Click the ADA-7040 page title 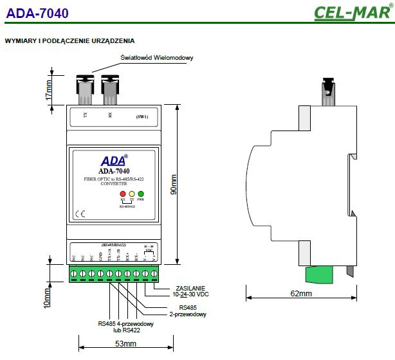click(x=37, y=13)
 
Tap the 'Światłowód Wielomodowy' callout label click(x=157, y=57)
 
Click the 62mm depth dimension click(x=300, y=294)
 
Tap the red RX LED click(x=122, y=194)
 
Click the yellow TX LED click(x=131, y=194)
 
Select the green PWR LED click(x=140, y=194)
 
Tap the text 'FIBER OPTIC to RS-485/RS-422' click(x=113, y=178)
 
